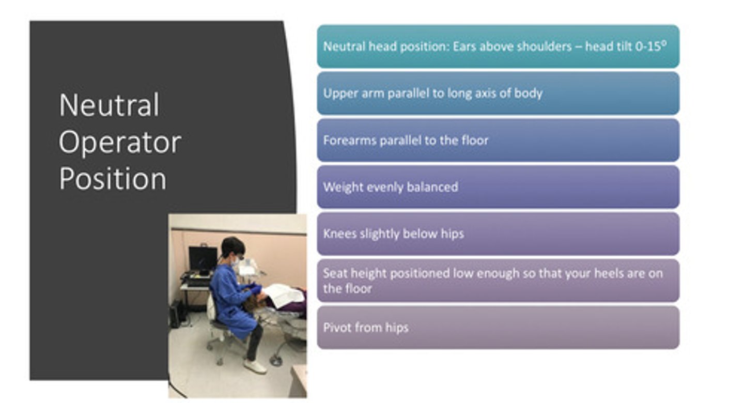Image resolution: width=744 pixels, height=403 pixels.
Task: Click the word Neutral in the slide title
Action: tap(109, 105)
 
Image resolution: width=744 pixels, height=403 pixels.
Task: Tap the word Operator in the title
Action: tap(120, 142)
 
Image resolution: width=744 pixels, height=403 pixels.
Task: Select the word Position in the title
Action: tap(113, 179)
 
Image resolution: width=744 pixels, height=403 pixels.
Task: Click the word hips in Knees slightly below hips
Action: tap(452, 234)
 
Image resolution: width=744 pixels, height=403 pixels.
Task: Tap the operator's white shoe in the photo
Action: tap(255, 366)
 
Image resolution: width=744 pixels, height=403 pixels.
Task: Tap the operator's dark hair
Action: tap(231, 246)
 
